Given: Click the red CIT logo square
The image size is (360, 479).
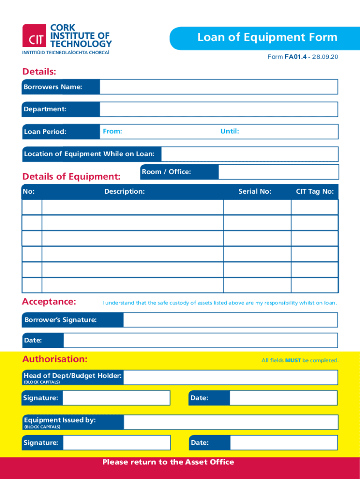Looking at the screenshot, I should click(x=34, y=36).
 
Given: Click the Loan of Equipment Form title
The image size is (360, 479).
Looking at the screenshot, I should click(x=267, y=37).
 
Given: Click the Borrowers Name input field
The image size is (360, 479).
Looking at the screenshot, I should click(x=218, y=87).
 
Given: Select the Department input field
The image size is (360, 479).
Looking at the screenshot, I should click(x=218, y=109).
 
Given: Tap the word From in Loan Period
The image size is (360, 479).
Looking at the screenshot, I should click(x=113, y=131).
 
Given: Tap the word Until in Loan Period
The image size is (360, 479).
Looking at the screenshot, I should click(x=230, y=131).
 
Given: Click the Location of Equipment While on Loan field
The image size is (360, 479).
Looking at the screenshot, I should click(x=249, y=154).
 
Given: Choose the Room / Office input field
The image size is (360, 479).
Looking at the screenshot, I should click(x=278, y=172).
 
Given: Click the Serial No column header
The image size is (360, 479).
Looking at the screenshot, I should click(x=255, y=191).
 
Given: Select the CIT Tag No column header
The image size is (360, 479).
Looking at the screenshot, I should click(x=315, y=191).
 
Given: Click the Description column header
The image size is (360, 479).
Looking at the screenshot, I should click(x=124, y=191).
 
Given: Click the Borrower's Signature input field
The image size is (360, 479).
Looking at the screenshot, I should click(x=230, y=320).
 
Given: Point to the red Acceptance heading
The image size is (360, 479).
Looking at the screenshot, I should click(x=49, y=302).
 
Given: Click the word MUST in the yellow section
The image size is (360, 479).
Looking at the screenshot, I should click(x=293, y=360).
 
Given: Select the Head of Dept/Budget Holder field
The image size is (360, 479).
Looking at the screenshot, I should click(x=230, y=377).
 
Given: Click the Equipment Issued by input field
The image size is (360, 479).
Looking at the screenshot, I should click(x=230, y=422).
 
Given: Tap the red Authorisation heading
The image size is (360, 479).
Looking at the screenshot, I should click(x=55, y=359).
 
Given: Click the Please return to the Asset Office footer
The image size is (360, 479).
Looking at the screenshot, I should click(x=168, y=462).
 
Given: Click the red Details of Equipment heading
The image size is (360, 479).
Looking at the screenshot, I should click(x=72, y=176).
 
